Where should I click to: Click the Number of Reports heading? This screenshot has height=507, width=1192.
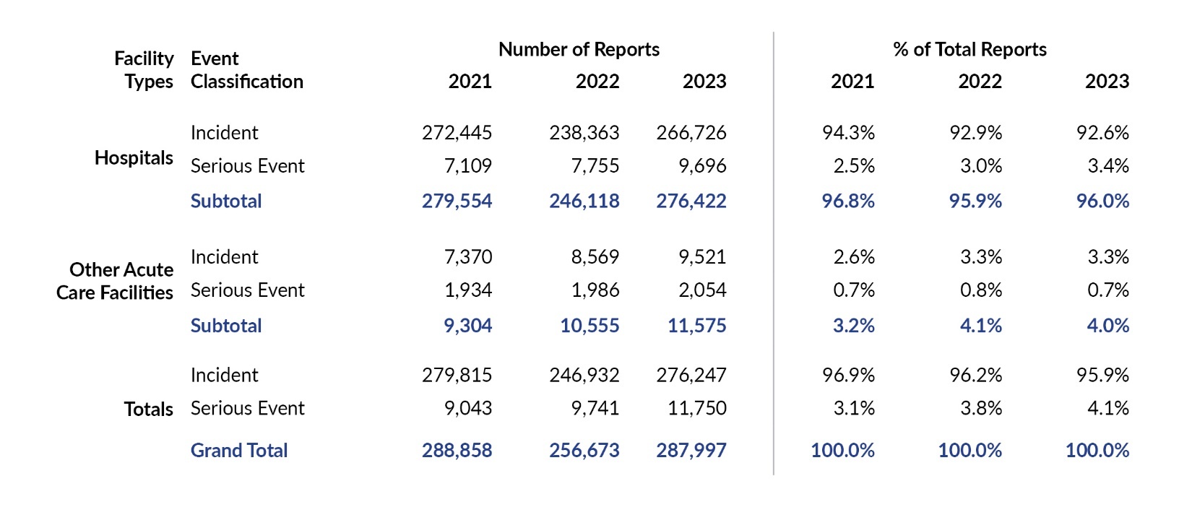(579, 50)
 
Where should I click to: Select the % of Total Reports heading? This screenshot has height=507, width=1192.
(969, 50)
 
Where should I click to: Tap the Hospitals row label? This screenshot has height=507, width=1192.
(134, 158)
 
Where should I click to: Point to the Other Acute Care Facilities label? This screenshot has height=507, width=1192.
(116, 281)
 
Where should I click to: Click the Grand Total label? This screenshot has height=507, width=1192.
(239, 451)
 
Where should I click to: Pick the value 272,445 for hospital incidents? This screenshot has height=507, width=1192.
(457, 133)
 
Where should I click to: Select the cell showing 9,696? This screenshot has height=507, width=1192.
(702, 166)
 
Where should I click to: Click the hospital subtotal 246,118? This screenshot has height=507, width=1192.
(584, 201)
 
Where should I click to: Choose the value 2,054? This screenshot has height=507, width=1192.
(702, 290)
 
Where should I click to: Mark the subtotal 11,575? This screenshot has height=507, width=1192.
(696, 326)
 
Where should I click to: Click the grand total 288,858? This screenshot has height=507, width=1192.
(457, 451)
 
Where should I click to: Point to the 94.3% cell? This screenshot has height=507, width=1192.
(848, 133)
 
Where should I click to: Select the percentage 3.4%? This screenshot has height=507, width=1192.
(1108, 166)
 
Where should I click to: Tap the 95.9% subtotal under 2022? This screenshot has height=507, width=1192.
(975, 201)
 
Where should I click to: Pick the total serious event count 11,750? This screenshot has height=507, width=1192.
(696, 409)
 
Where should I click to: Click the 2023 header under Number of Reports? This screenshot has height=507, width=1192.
(704, 82)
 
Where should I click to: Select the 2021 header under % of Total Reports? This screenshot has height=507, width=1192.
(852, 82)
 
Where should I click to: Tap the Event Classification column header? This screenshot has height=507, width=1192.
(246, 70)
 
